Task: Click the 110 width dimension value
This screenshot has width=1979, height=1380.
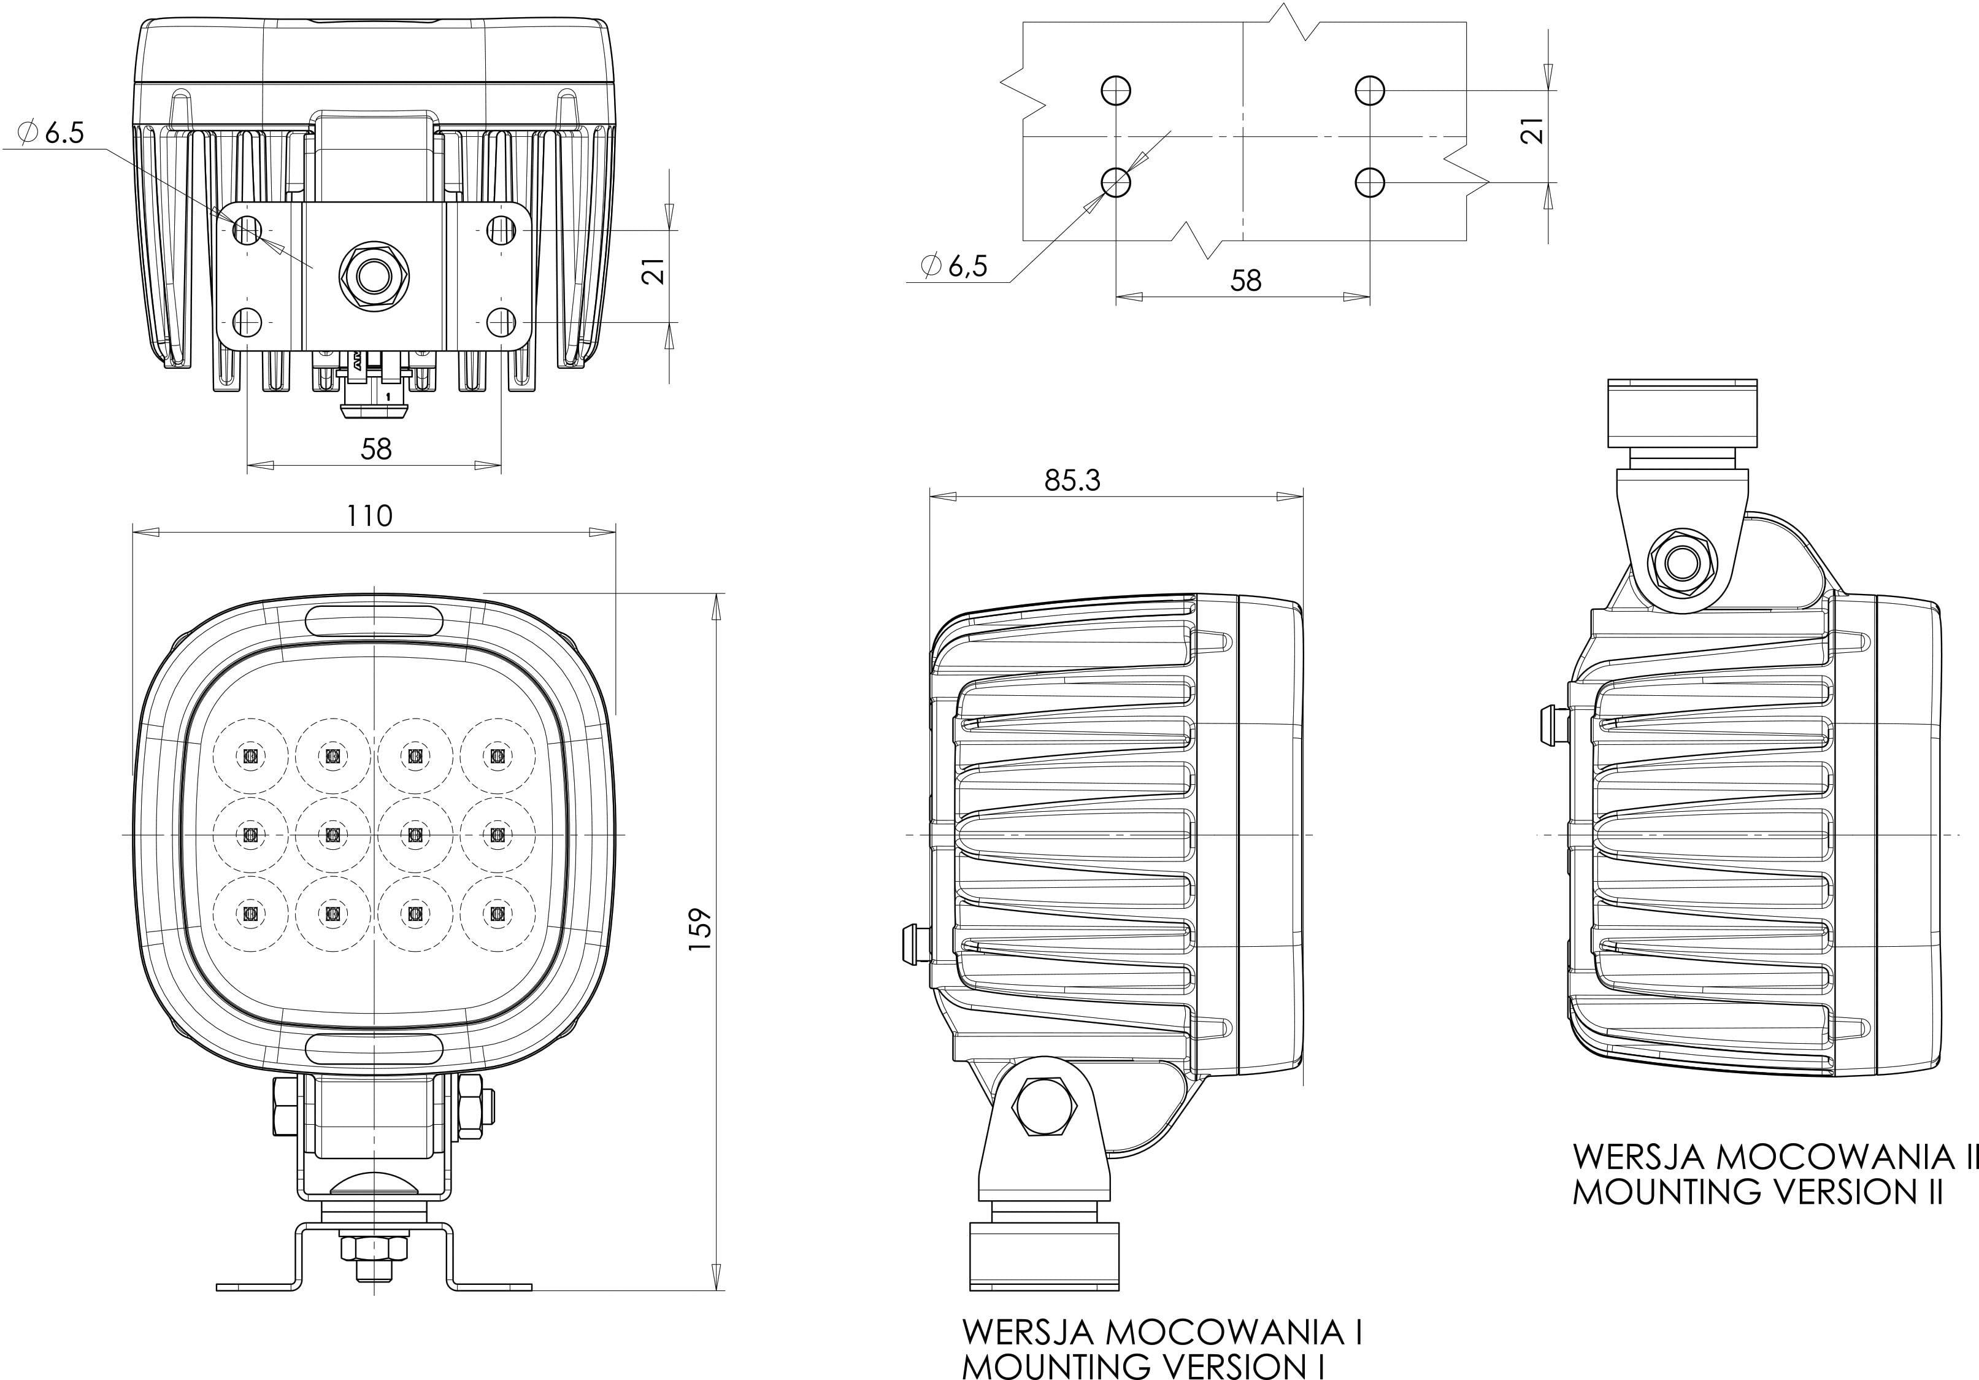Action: pyautogui.click(x=370, y=515)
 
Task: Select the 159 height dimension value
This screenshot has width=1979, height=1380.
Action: pyautogui.click(x=701, y=928)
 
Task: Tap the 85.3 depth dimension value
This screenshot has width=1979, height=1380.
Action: pyautogui.click(x=1072, y=480)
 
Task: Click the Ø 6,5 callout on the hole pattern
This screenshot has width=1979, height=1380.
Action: pyautogui.click(x=953, y=266)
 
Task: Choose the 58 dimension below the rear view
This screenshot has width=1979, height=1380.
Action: pyautogui.click(x=377, y=448)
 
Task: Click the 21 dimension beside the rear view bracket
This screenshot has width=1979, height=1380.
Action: pyautogui.click(x=656, y=271)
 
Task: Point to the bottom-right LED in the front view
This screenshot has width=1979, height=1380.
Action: pyautogui.click(x=496, y=913)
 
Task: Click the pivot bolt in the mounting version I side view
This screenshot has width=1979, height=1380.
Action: pyautogui.click(x=1042, y=1109)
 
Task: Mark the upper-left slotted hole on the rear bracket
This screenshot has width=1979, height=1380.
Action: pyautogui.click(x=247, y=230)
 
